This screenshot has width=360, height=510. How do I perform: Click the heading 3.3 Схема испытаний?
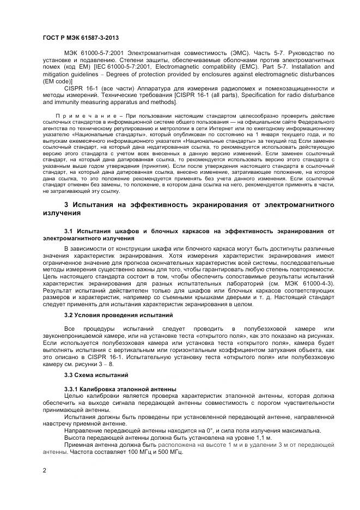[96, 375]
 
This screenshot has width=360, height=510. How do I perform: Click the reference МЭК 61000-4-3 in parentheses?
[310, 284]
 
